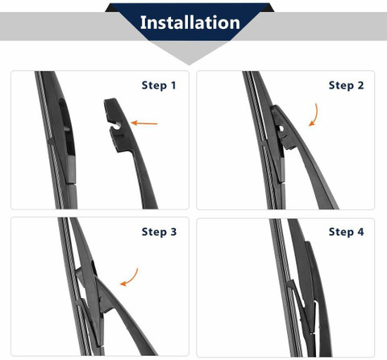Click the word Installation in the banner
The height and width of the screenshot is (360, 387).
tap(190, 23)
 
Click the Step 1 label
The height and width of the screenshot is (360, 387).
tap(159, 85)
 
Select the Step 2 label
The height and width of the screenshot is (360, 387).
tap(346, 85)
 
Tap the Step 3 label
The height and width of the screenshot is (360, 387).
tap(159, 232)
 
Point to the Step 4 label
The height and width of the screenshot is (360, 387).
tap(346, 232)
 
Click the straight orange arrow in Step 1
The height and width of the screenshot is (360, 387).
tap(144, 123)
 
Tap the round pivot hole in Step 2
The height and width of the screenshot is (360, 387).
tap(281, 129)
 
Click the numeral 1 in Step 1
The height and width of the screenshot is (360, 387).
tap(173, 85)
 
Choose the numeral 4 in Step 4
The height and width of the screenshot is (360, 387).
tap(360, 232)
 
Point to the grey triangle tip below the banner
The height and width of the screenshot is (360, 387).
tap(189, 64)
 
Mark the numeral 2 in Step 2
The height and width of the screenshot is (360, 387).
tap(360, 85)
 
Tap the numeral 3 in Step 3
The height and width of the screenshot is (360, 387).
tap(173, 232)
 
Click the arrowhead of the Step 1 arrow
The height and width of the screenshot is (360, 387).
tap(134, 123)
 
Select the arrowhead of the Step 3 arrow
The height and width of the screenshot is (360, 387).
tap(123, 283)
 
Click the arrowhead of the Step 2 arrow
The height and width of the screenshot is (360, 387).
tap(311, 123)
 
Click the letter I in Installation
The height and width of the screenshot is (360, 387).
tap(143, 23)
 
